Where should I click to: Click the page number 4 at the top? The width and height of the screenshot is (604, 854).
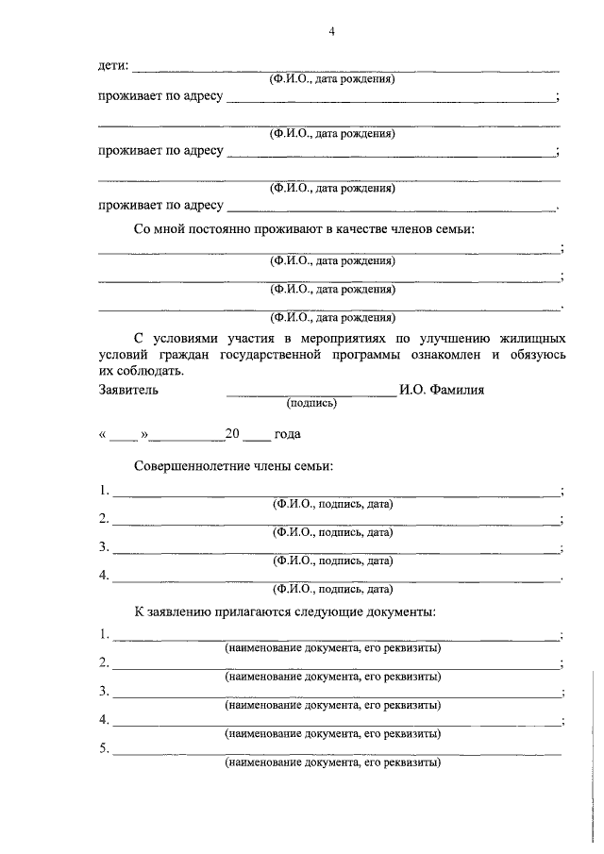click(x=331, y=31)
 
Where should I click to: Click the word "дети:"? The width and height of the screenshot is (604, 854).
click(x=114, y=66)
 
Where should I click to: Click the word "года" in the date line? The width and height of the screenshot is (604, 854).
click(x=288, y=435)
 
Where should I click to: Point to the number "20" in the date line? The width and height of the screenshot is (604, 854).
click(x=234, y=435)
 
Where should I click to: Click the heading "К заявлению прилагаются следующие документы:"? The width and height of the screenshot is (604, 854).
click(x=284, y=612)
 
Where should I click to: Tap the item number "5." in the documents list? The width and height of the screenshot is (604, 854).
click(x=104, y=749)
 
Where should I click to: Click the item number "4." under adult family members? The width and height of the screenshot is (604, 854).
click(x=104, y=575)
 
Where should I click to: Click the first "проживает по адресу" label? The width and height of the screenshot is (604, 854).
click(x=160, y=96)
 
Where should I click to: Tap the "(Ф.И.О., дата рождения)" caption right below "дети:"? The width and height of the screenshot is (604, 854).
click(x=331, y=79)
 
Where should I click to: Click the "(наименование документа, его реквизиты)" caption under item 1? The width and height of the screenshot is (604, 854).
click(x=333, y=648)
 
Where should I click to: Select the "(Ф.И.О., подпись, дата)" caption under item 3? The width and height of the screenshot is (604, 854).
click(x=331, y=560)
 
